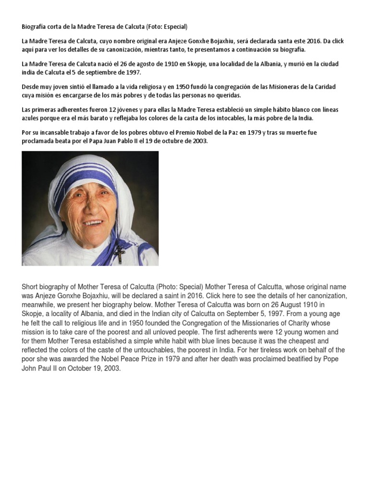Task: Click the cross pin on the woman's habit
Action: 120,253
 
